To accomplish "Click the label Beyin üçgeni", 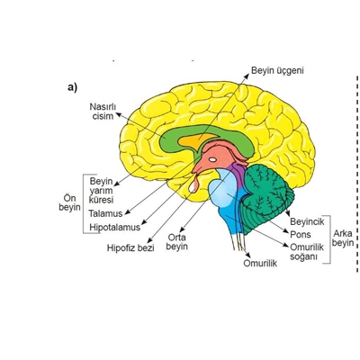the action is pos(277,71).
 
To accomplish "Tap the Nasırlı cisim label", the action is pos(103,112).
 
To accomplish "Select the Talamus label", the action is pos(105,213).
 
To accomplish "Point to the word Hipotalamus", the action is pos(115,227).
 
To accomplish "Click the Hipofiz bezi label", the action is pos(130,248).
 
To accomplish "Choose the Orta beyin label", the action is pos(176,242).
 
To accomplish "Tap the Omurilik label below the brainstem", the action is pos(260,263).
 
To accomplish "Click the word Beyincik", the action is pos(307,221).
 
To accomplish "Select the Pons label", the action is pos(301,234).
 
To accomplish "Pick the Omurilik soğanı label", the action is pos(307,252).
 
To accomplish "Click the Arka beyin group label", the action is pos(343,238).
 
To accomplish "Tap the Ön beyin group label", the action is pos(69,202).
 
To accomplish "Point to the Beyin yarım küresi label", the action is pos(101,191).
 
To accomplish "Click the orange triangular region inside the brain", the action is pos(195,141).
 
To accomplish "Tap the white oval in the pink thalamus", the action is pos(212,159).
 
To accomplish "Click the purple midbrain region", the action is pos(238,175).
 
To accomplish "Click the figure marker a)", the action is pos(73,87).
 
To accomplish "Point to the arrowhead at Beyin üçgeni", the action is pos(247,76).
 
